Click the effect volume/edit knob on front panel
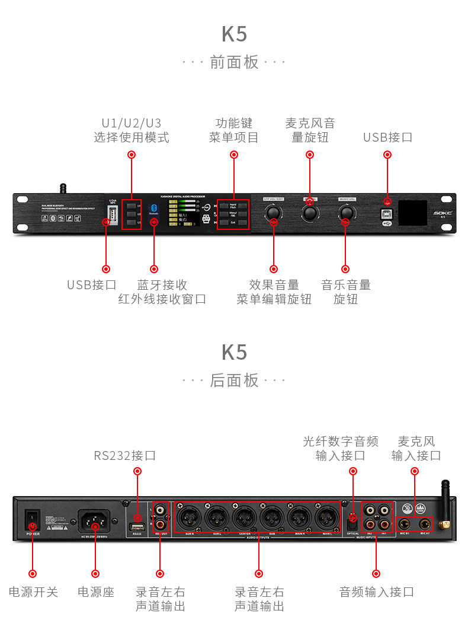pyautogui.click(x=273, y=213)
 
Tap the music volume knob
pyautogui.click(x=346, y=213)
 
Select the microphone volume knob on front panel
pyautogui.click(x=310, y=213)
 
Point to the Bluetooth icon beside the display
pyautogui.click(x=154, y=209)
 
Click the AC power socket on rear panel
pyautogui.click(x=95, y=521)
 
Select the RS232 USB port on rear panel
pyautogui.click(x=137, y=527)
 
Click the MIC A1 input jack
pyautogui.click(x=424, y=523)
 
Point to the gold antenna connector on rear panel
pyautogui.click(x=445, y=524)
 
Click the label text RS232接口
pyautogui.click(x=125, y=456)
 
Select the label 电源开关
pyautogui.click(x=33, y=592)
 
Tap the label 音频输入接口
pyautogui.click(x=376, y=592)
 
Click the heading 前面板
pyautogui.click(x=235, y=62)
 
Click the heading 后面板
pyautogui.click(x=235, y=380)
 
